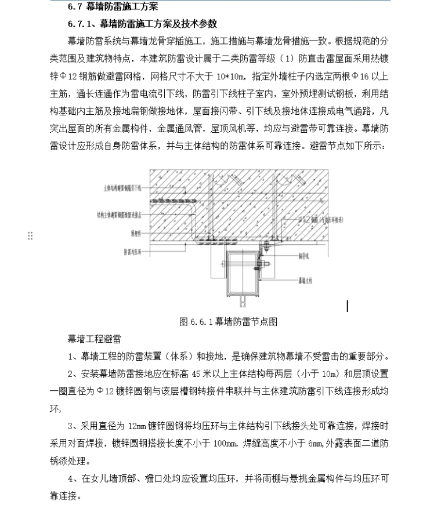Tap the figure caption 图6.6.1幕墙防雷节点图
tap(229, 321)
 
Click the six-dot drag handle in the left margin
tap(30, 235)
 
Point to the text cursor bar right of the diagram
tap(348, 306)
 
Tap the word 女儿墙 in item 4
tap(111, 480)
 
